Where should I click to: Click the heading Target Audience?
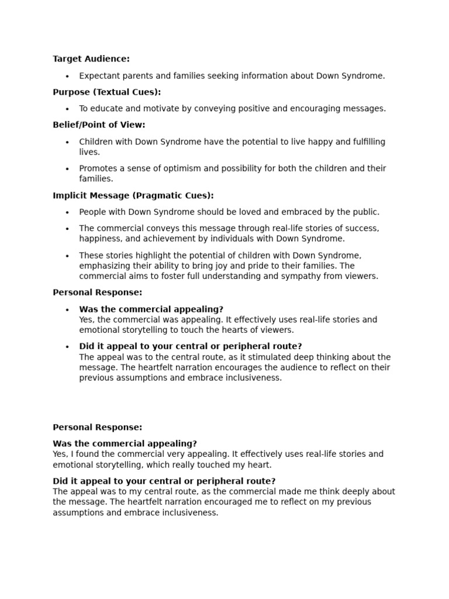91,59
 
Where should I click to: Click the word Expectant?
99,76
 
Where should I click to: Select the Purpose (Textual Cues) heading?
106,92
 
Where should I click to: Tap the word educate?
108,109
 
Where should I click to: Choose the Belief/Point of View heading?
99,125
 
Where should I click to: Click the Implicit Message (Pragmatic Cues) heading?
133,195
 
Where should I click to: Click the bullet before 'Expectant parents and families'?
67,77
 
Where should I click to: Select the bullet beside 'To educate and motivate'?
67,109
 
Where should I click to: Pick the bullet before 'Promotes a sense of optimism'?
67,169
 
